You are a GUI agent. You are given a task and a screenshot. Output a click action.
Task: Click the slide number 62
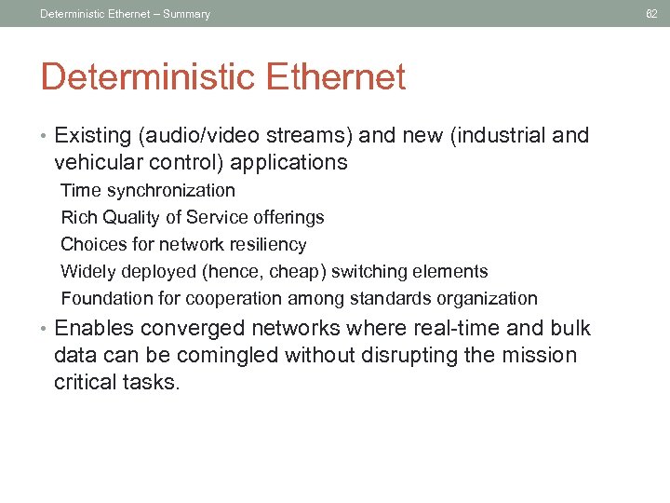tap(650, 13)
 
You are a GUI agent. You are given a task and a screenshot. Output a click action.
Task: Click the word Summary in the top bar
tap(186, 14)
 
